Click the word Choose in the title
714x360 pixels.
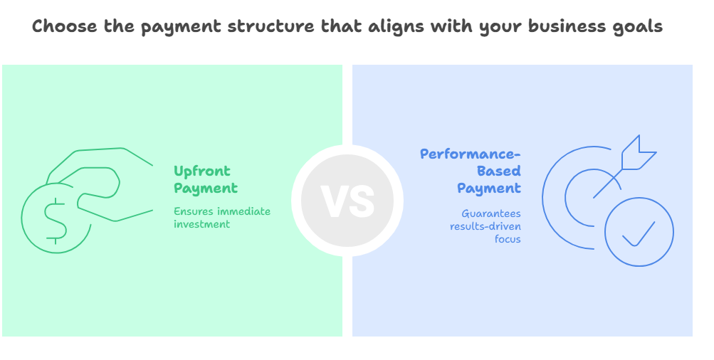[x=65, y=26]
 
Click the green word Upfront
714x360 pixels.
[x=202, y=172]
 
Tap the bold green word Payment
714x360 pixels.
[x=206, y=189]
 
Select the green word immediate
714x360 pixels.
[x=243, y=211]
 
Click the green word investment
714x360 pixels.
[x=201, y=224]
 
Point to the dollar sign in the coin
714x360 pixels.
[x=56, y=221]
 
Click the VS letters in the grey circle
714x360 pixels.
[x=347, y=201]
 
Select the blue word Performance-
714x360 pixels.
[x=471, y=154]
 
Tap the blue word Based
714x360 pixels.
[x=499, y=171]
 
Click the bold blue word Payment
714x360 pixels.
[x=489, y=189]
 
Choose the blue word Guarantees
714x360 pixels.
[x=491, y=213]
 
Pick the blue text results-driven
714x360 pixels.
[x=485, y=226]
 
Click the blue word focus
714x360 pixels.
[x=508, y=239]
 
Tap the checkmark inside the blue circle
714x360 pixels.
[x=639, y=234]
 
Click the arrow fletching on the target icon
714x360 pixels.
[x=639, y=152]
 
